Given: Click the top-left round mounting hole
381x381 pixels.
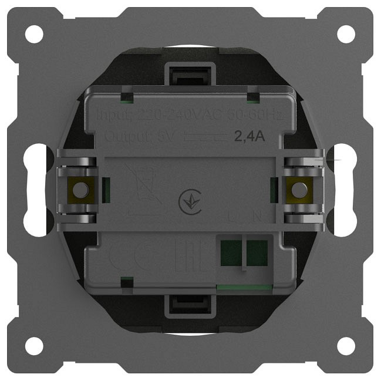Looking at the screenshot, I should [x=34, y=34].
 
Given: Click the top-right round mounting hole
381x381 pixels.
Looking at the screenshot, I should [x=346, y=34].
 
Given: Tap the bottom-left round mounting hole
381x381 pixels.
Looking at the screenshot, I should [x=34, y=346].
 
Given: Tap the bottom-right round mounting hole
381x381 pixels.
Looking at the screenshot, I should [x=346, y=346].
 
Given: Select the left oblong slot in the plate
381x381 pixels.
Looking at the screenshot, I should [x=36, y=190].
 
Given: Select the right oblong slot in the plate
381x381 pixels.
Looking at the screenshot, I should [x=344, y=190].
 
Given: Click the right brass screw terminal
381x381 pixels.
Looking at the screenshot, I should [x=299, y=190].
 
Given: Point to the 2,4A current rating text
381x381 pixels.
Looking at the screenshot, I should [x=250, y=137].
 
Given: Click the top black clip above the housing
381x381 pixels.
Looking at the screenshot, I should [x=188, y=74].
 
